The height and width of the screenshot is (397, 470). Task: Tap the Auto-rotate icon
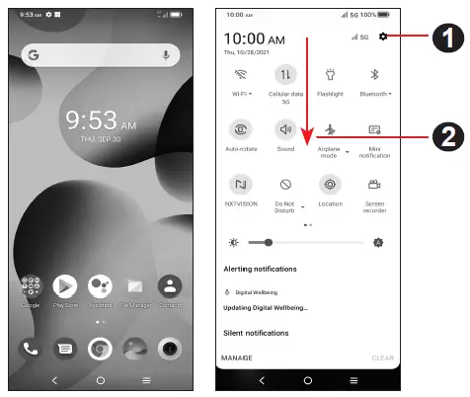240,129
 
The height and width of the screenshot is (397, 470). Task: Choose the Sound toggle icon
285,129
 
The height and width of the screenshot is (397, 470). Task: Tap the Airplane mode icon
330,129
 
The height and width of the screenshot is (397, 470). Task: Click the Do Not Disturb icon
285,185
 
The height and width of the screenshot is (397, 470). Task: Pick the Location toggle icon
330,185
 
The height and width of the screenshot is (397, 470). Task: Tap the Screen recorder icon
375,185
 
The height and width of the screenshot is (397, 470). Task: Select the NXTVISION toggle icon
240,185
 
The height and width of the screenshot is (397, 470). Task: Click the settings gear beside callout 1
382,38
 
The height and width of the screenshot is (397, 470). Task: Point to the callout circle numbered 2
450,136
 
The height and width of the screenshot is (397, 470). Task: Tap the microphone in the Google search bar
164,56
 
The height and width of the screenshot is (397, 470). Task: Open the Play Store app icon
65,287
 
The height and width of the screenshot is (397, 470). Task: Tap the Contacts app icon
170,287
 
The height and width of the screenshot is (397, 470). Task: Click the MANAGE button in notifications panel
237,357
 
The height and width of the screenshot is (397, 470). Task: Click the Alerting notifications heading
261,269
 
